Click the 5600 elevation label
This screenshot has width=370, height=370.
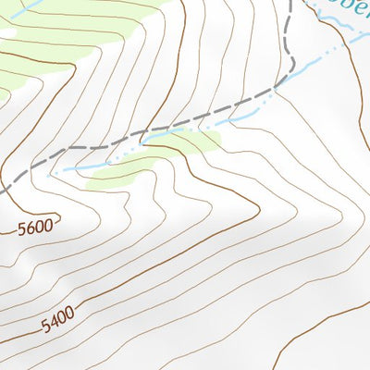pos(38,226)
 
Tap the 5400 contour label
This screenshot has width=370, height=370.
pos(56,321)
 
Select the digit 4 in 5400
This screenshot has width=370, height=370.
pos(52,324)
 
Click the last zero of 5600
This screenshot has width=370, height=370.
pos(53,222)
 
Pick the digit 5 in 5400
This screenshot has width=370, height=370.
pos(44,327)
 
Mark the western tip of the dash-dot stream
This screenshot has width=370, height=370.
pos(54,173)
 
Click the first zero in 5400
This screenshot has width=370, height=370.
pos(60,319)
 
